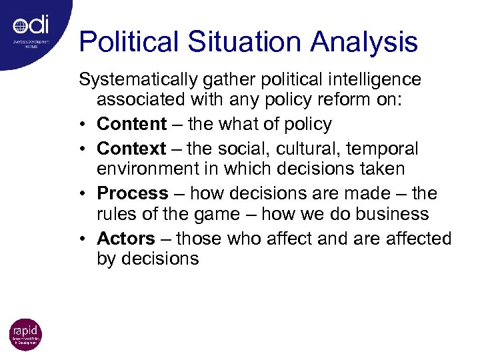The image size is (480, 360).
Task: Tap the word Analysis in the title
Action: pos(362,43)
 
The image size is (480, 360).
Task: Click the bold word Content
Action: pos(132,124)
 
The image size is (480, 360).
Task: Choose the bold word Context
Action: pos(132,147)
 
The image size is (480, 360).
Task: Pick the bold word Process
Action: pos(133,193)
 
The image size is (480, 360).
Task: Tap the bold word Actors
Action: pos(126,239)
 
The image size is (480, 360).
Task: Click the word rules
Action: pos(117,215)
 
